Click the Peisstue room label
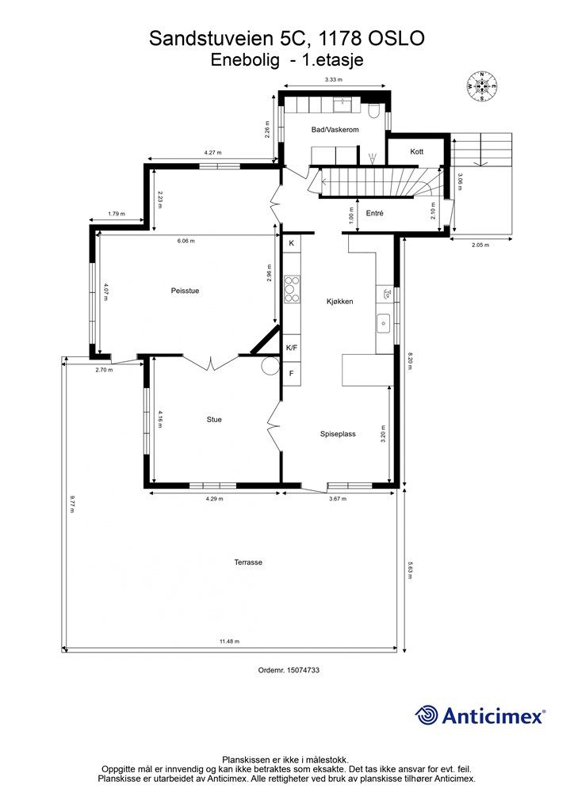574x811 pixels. tap(185, 291)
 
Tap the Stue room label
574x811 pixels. tap(214, 420)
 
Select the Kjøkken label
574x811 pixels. tap(339, 301)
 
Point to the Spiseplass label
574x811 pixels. tap(338, 434)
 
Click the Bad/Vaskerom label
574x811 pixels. tap(335, 129)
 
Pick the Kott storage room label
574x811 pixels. tap(417, 151)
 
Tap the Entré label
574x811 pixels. tap(374, 213)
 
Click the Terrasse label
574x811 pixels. tap(248, 562)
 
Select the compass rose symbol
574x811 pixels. tap(482, 86)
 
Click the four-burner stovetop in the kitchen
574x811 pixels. tap(292, 289)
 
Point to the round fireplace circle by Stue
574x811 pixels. tap(270, 366)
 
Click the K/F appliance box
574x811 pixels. tap(292, 348)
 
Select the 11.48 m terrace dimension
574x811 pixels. tap(229, 642)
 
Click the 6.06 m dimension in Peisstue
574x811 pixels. tap(186, 241)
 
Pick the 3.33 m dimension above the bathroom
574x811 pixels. tap(333, 80)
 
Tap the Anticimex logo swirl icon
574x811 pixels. tap(426, 715)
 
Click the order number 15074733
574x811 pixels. tap(303, 670)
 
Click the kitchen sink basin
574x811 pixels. tap(383, 323)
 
